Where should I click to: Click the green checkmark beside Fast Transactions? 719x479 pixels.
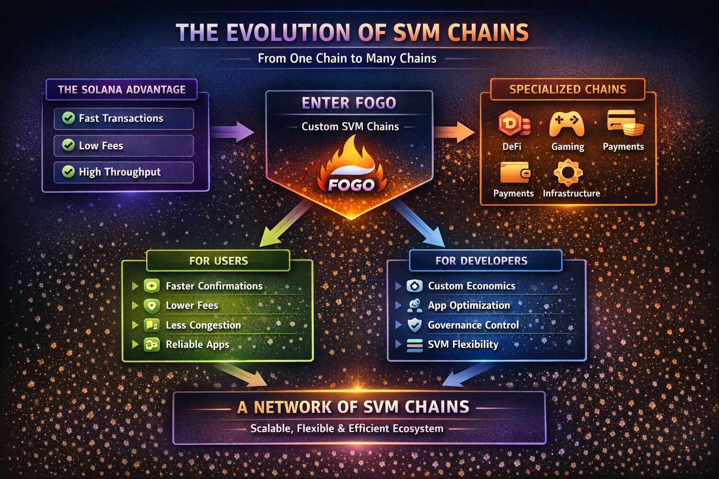pyautogui.click(x=68, y=118)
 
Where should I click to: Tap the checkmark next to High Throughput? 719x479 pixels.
pyautogui.click(x=68, y=172)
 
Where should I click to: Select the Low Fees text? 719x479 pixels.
pyautogui.click(x=101, y=145)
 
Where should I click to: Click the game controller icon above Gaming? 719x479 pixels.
pyautogui.click(x=566, y=124)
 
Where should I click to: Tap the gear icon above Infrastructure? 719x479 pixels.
pyautogui.click(x=568, y=173)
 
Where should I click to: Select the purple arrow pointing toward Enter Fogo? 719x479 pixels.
pyautogui.click(x=232, y=132)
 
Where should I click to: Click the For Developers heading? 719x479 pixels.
pyautogui.click(x=481, y=261)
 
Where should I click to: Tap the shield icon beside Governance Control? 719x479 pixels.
pyautogui.click(x=415, y=325)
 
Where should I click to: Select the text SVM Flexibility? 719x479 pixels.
pyautogui.click(x=462, y=344)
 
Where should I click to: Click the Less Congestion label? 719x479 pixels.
pyautogui.click(x=203, y=325)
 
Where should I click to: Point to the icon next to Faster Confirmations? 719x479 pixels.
pyautogui.click(x=152, y=286)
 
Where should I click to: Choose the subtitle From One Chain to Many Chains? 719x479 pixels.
pyautogui.click(x=347, y=58)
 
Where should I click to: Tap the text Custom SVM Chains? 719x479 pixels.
pyautogui.click(x=350, y=126)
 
